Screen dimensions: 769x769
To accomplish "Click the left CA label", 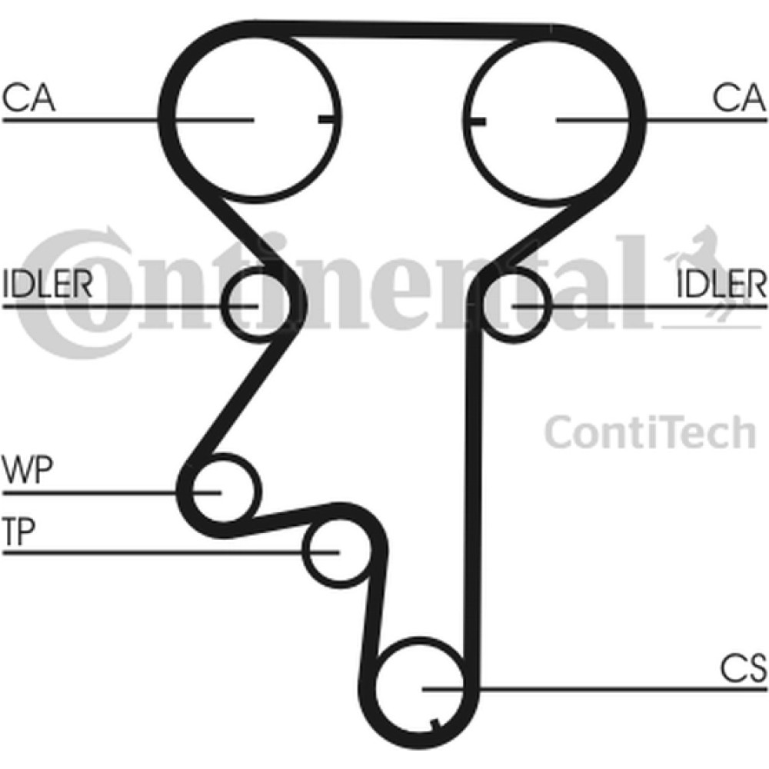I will (x=29, y=99).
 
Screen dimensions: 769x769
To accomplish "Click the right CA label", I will (x=740, y=99).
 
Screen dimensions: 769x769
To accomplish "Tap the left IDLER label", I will (x=48, y=285).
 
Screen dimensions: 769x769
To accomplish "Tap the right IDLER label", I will (x=721, y=285).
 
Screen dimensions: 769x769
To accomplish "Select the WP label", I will (x=27, y=469).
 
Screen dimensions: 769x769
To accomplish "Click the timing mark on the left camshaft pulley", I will (x=326, y=119).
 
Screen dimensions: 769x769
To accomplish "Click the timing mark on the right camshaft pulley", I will (x=478, y=121).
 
